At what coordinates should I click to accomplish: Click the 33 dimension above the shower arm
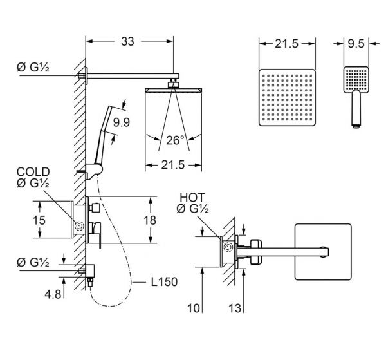[x=129, y=42]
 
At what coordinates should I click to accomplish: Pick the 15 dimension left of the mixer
[x=40, y=220]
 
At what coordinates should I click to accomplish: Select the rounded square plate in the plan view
[x=323, y=251]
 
